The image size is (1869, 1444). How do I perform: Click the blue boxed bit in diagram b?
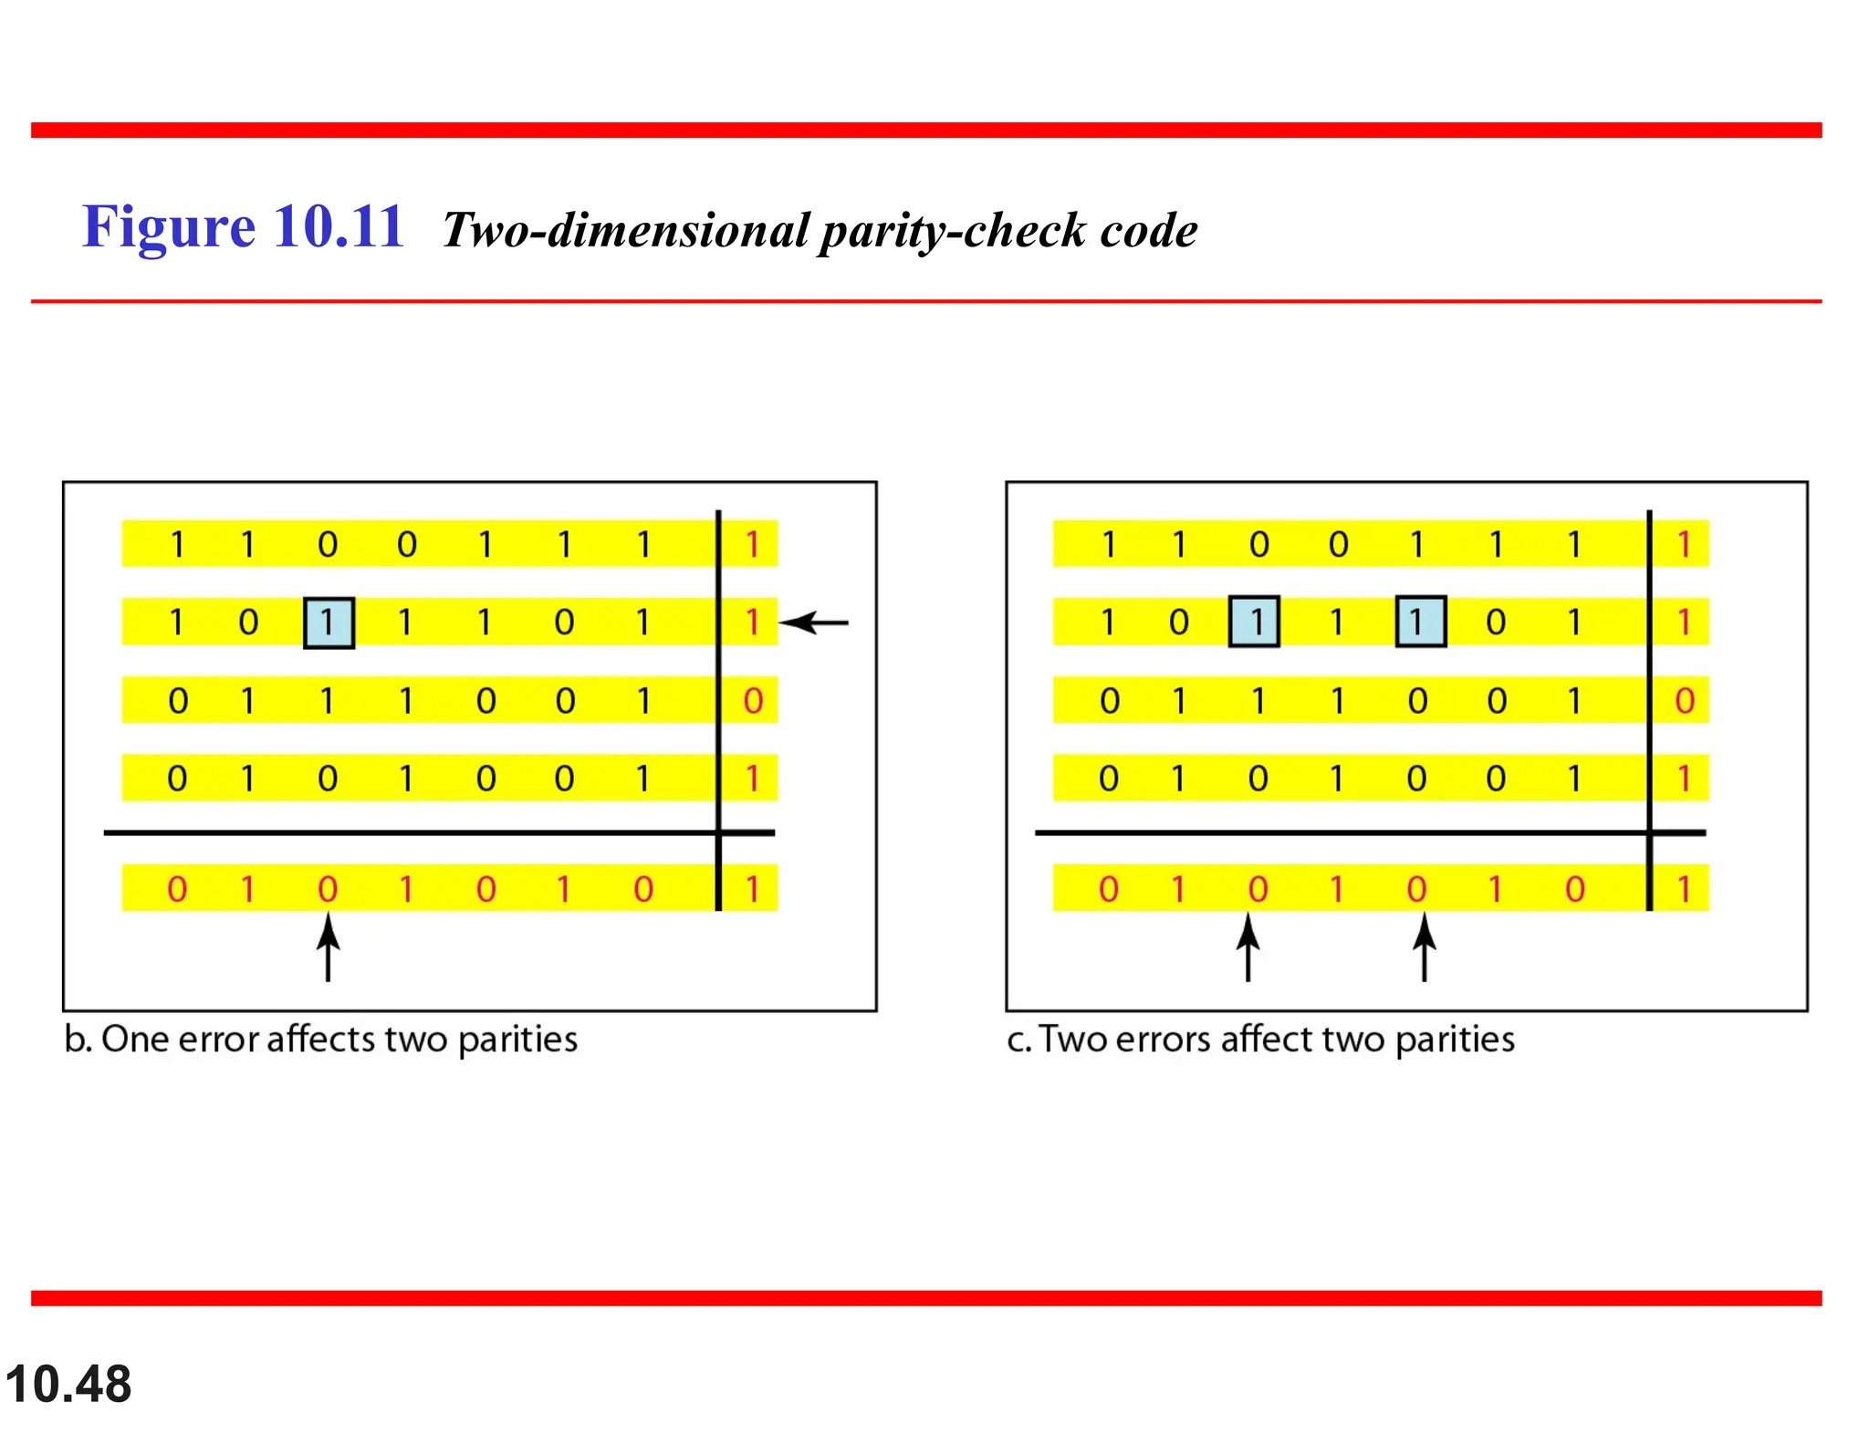pyautogui.click(x=329, y=623)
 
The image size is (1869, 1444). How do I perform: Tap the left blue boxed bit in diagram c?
pyautogui.click(x=1254, y=622)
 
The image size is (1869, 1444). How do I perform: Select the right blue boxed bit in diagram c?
pyautogui.click(x=1421, y=622)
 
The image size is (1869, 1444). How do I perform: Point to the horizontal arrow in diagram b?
pyautogui.click(x=815, y=623)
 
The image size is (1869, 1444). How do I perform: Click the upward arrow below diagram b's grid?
pyautogui.click(x=329, y=948)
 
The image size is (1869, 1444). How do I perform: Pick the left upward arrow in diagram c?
pyautogui.click(x=1248, y=948)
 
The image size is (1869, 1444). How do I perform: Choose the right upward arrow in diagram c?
pyautogui.click(x=1425, y=948)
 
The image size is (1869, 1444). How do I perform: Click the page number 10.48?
pyautogui.click(x=68, y=1384)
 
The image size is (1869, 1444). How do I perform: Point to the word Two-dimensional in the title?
pyautogui.click(x=626, y=230)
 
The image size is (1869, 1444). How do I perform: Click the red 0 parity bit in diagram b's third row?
pyautogui.click(x=753, y=701)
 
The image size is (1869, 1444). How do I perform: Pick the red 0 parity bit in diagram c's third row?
pyautogui.click(x=1685, y=701)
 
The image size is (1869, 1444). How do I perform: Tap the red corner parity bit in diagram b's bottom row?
pyautogui.click(x=753, y=888)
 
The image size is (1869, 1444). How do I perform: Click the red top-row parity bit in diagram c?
pyautogui.click(x=1685, y=545)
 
